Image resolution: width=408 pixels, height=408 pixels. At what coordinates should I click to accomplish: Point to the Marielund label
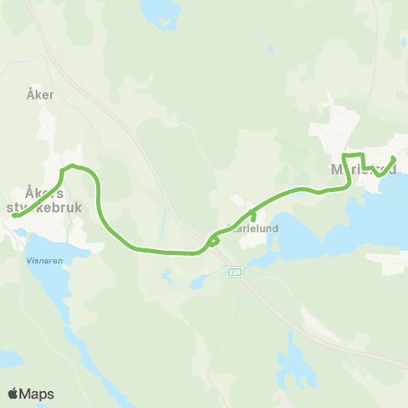point(254,228)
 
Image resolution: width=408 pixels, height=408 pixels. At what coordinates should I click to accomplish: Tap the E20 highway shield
point(235,272)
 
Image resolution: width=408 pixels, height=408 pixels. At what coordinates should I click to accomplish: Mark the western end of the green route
point(14,216)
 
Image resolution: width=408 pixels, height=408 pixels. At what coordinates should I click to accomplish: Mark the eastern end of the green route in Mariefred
point(394,158)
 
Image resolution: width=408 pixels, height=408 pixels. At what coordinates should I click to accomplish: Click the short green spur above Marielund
point(253,216)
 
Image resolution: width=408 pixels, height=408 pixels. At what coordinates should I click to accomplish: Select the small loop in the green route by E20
point(212,242)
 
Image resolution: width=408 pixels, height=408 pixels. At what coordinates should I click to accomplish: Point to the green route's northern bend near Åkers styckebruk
point(73,166)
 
